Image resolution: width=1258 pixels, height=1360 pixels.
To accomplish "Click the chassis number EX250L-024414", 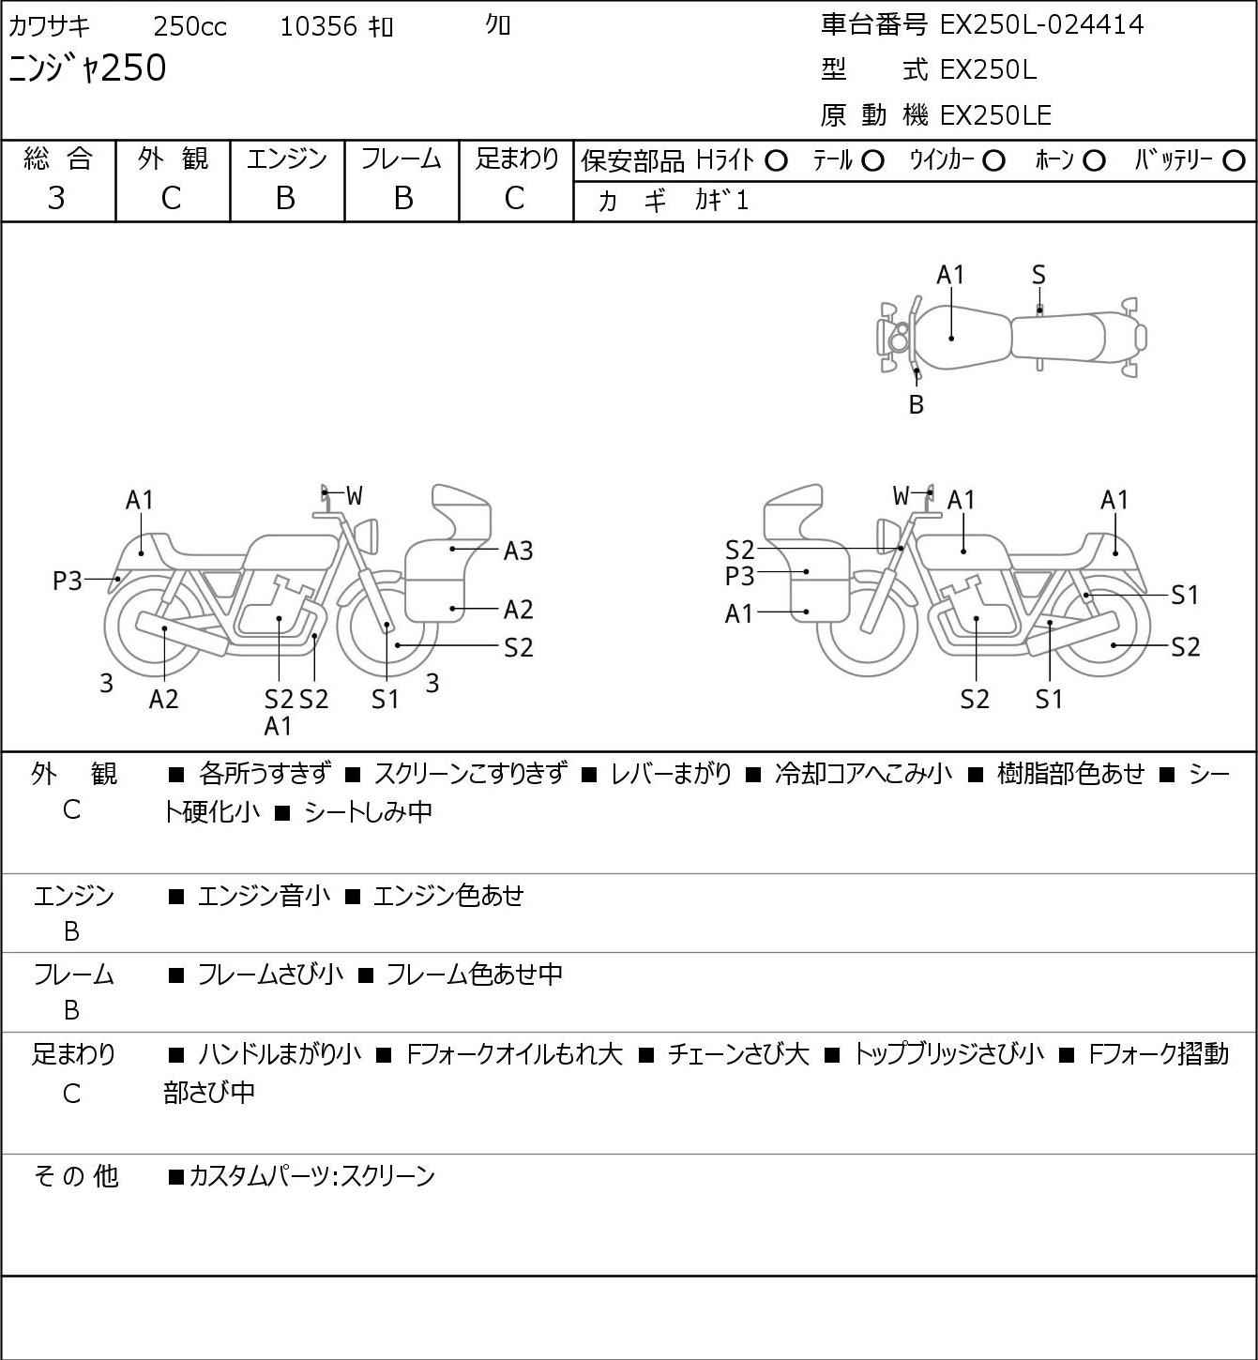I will point(1041,24).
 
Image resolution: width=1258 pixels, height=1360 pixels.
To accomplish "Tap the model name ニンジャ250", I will point(87,68).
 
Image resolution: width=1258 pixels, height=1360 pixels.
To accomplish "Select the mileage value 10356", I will point(318,27).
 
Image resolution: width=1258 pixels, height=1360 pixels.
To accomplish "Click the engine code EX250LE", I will point(995,115).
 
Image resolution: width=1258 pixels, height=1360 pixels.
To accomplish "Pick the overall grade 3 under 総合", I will point(56,198).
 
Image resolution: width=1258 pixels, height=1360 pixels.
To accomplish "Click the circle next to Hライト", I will point(776,160).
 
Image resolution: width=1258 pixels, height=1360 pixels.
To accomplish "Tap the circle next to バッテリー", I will point(1235,160).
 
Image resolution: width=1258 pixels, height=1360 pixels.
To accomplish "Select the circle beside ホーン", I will point(1094,160).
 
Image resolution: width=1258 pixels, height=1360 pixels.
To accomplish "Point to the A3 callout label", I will point(518,551).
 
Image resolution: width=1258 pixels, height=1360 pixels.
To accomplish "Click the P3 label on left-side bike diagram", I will point(68,582).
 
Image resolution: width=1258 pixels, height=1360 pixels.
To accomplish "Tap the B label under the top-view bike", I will point(917,405).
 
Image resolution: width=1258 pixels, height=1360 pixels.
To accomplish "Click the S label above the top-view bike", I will point(1038,275).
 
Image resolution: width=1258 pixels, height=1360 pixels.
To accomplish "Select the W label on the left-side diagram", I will point(354,495).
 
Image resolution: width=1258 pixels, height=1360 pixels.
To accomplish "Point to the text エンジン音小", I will point(264,897).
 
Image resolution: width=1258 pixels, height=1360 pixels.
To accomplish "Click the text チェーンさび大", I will point(737,1055).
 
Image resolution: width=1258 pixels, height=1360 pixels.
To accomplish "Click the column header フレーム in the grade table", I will point(402,159).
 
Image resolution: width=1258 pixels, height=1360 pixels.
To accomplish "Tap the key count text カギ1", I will point(721,201).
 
